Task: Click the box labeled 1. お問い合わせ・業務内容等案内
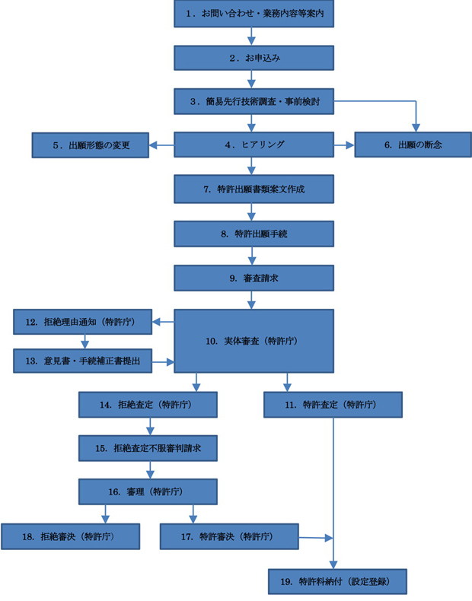click(254, 14)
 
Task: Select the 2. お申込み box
click(254, 58)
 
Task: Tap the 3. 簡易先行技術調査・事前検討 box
click(254, 102)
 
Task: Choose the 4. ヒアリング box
click(254, 145)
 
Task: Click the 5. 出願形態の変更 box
click(90, 145)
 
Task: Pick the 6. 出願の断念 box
click(413, 145)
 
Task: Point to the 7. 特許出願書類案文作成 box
click(254, 189)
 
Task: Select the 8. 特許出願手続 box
click(254, 234)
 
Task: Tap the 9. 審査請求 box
click(254, 278)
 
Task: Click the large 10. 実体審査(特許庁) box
click(254, 341)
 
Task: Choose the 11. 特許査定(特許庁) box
click(333, 405)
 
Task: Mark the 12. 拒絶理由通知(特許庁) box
click(83, 322)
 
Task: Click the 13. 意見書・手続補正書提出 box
click(83, 361)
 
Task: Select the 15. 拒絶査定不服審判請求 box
click(148, 448)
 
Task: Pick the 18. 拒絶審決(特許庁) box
click(70, 536)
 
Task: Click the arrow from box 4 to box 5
click(161, 145)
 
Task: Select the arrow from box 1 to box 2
click(251, 37)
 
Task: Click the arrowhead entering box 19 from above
click(333, 564)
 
